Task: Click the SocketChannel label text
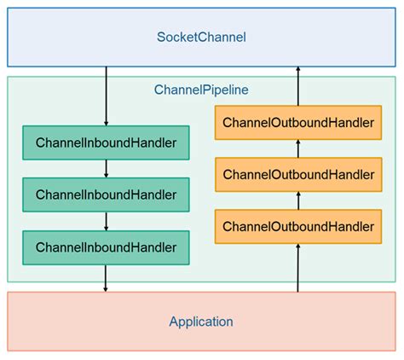(x=201, y=37)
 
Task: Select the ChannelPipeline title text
(x=201, y=89)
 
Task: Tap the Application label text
(x=201, y=322)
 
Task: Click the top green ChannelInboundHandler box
(x=106, y=142)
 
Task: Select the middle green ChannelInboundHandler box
(x=106, y=195)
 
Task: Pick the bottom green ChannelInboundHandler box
(x=106, y=247)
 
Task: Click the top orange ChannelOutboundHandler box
(x=297, y=123)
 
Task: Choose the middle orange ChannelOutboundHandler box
(x=297, y=175)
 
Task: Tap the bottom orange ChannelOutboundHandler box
(x=297, y=226)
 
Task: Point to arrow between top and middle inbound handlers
(x=106, y=169)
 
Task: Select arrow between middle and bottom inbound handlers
(x=106, y=221)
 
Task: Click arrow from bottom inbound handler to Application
(x=106, y=277)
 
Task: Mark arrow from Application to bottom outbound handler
(x=297, y=268)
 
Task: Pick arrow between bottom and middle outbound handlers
(x=297, y=200)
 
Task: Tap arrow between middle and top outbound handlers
(x=297, y=149)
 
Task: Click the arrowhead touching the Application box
(x=106, y=287)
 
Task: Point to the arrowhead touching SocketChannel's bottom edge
(x=297, y=72)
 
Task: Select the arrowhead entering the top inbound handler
(x=106, y=121)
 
